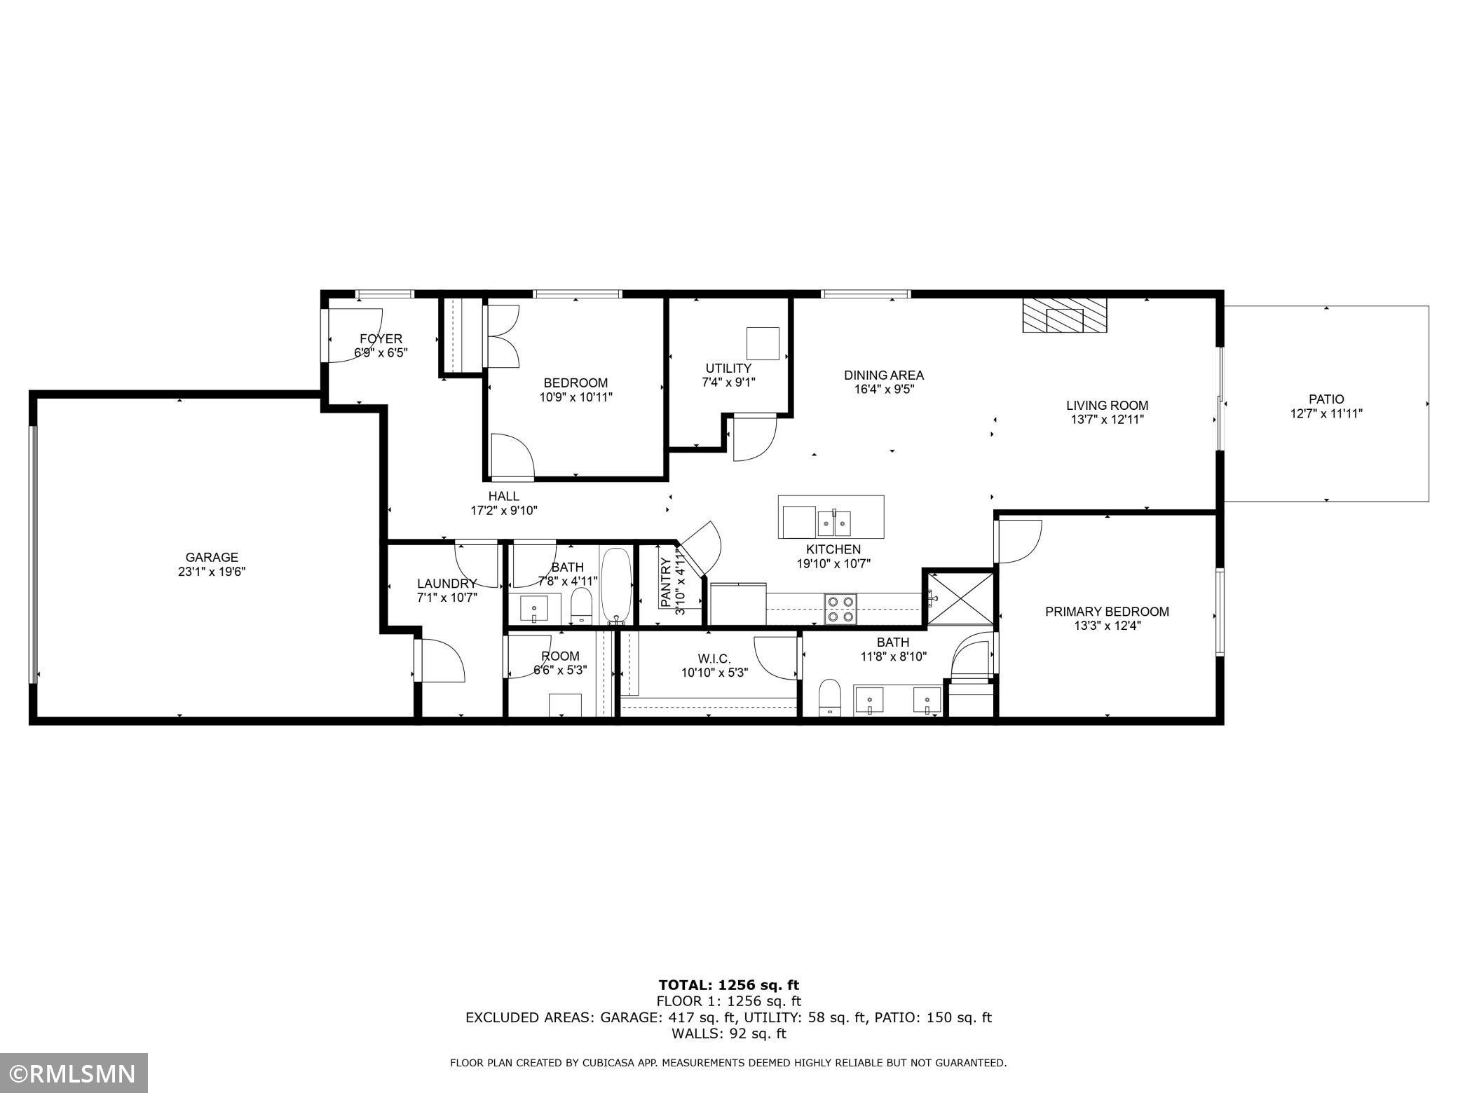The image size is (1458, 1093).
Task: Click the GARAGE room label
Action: point(212,558)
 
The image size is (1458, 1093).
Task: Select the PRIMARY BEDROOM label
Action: point(1107,612)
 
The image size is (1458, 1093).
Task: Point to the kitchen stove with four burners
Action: point(840,608)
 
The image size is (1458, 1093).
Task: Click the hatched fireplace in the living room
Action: point(1064,316)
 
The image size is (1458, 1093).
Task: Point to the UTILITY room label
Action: point(728,368)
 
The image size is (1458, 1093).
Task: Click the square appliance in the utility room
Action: point(763,343)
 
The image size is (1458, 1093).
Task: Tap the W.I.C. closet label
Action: point(714,659)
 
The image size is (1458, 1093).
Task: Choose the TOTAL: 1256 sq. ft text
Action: point(728,986)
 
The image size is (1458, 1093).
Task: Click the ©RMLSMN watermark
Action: point(74,1073)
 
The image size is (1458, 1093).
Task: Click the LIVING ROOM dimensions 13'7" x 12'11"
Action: point(1107,420)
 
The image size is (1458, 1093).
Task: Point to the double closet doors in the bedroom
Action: point(503,336)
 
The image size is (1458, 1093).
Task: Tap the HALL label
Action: point(503,497)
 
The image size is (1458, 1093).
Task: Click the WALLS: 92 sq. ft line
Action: point(728,1033)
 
